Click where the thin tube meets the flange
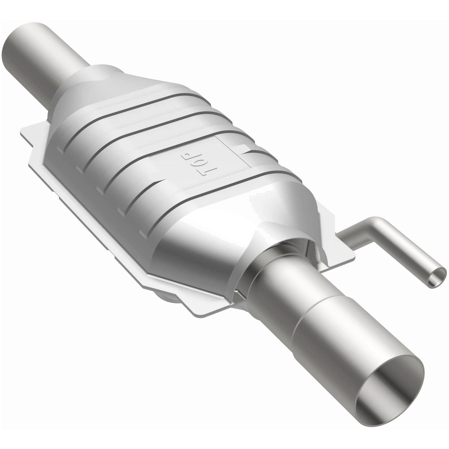(342, 239)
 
